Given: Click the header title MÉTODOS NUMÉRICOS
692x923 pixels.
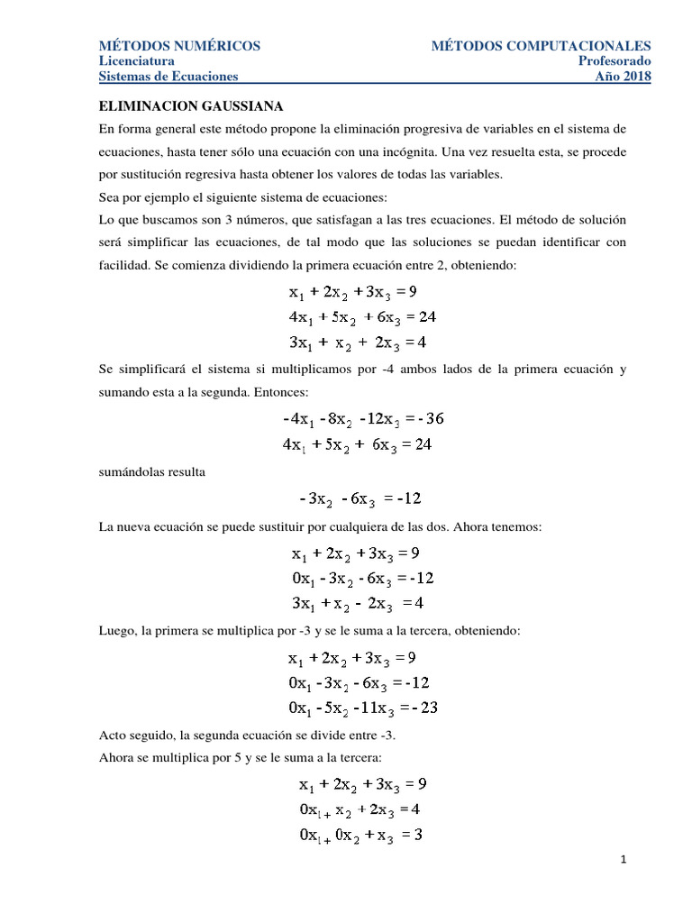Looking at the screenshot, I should [x=179, y=45].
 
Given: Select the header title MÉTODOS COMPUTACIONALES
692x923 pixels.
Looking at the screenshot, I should [x=541, y=45].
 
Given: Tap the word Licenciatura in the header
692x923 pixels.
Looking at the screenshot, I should [x=137, y=60].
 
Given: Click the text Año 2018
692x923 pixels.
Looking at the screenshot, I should [x=624, y=77].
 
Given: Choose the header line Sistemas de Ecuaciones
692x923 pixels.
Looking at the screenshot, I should [x=168, y=77].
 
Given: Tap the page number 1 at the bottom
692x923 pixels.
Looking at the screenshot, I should [x=623, y=860].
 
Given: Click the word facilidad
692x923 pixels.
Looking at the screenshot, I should [x=123, y=265].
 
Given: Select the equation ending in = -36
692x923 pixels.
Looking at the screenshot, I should [x=363, y=419].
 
